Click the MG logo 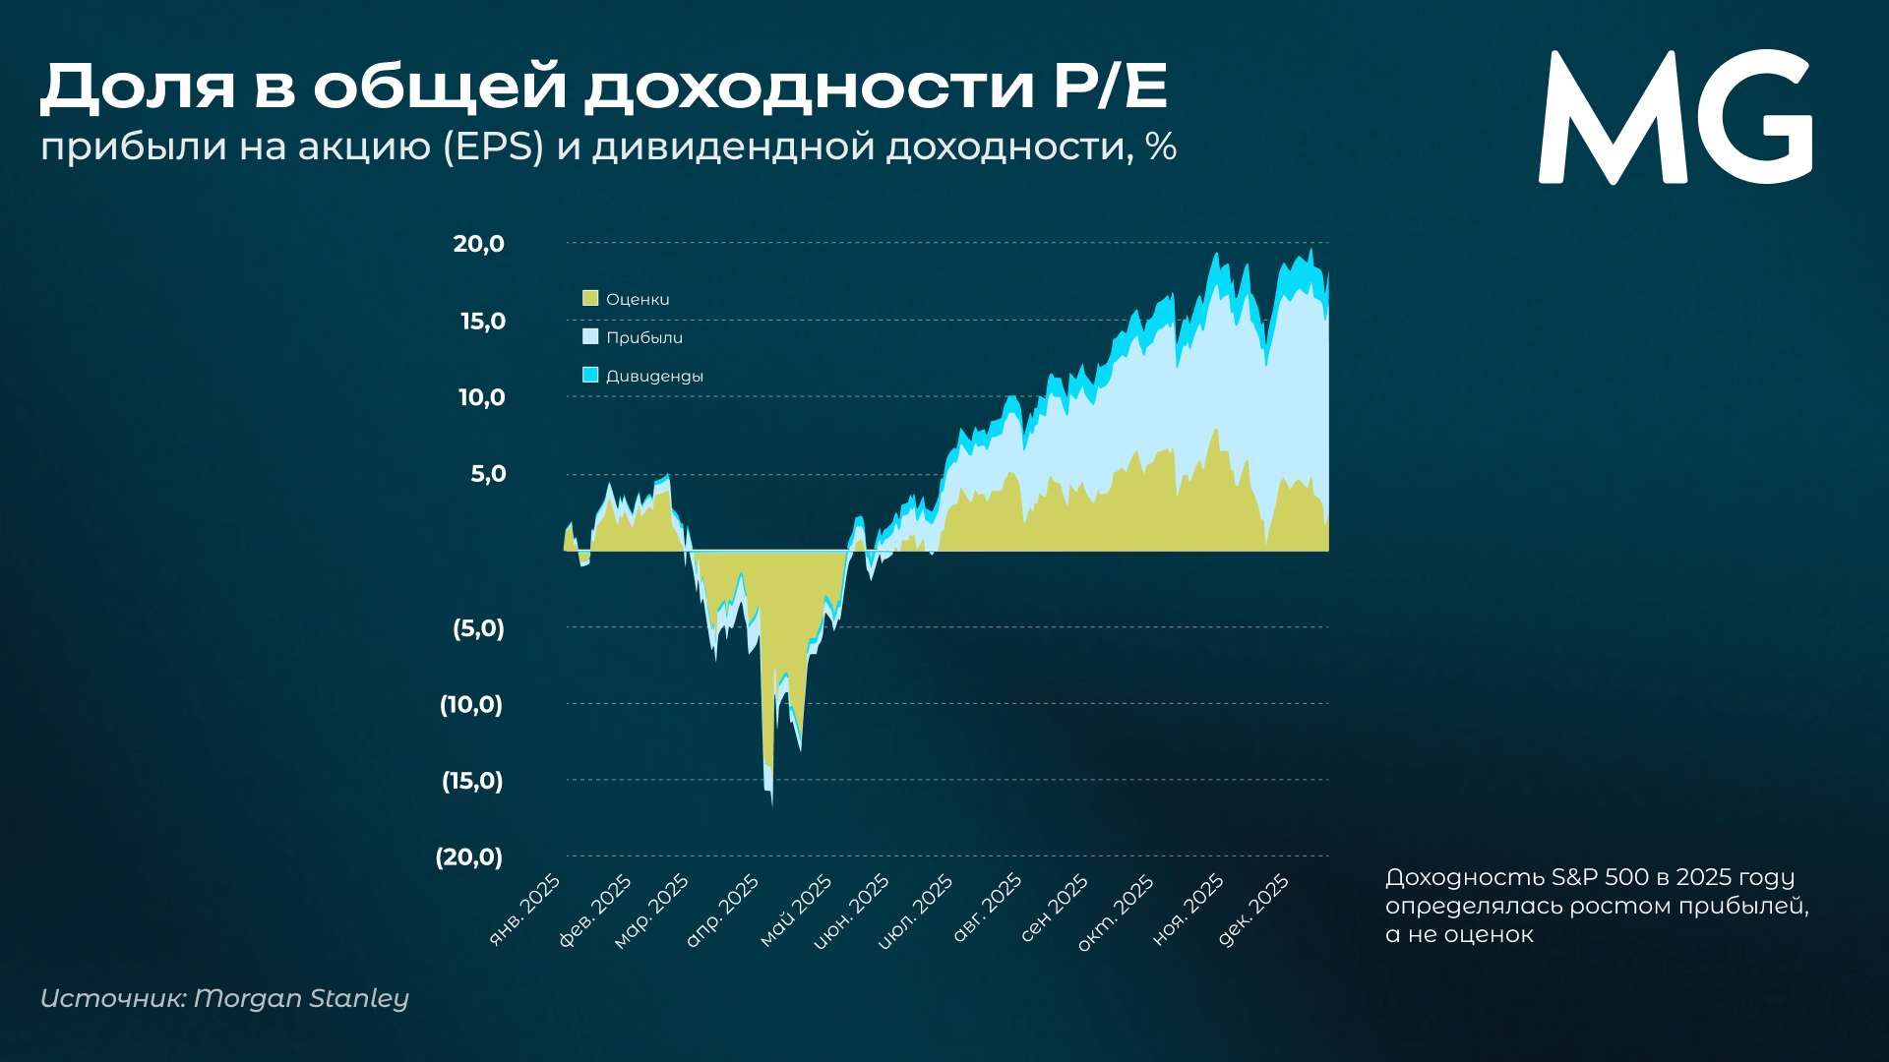tap(1675, 117)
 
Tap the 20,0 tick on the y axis tap(478, 244)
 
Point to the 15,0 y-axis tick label tap(482, 321)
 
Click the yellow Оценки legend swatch tap(590, 298)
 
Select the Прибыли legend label tap(643, 337)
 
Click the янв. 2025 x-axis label tap(525, 910)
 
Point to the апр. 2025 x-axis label tap(723, 910)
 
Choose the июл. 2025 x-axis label tap(916, 911)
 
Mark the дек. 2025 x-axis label tap(1253, 910)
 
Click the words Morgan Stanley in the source tap(301, 998)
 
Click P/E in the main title tap(1110, 87)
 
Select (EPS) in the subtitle tap(493, 147)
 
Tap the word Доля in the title tap(138, 87)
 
